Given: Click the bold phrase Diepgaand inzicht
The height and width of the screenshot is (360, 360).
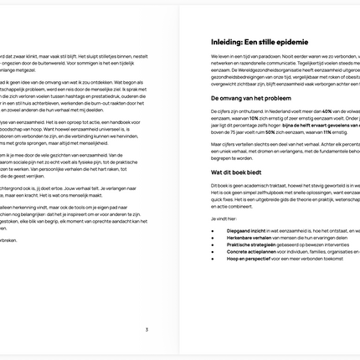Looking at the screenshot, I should pos(246,229).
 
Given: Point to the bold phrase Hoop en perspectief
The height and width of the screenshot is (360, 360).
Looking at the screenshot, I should pos(249,259).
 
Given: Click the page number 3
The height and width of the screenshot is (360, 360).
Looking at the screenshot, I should pos(147,330).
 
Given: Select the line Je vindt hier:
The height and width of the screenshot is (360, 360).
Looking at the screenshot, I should pos(223,217).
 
